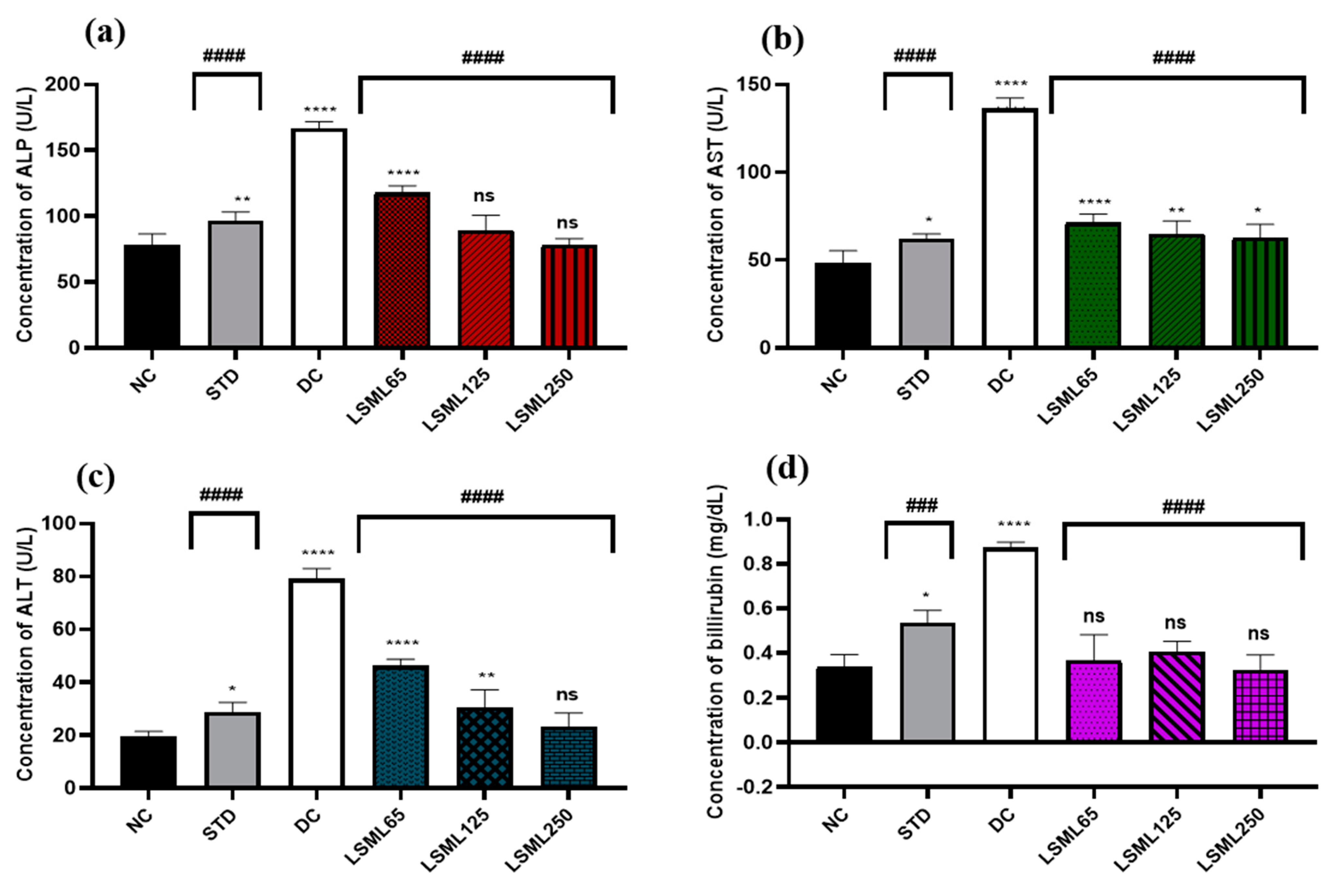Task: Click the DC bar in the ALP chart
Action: coord(319,238)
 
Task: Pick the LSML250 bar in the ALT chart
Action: coord(568,757)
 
